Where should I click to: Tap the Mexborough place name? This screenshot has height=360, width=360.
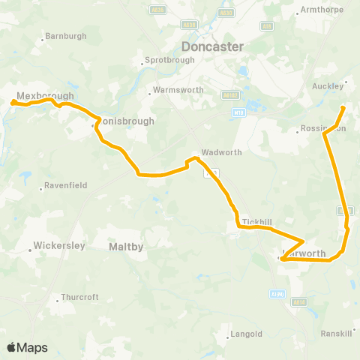click(x=46, y=97)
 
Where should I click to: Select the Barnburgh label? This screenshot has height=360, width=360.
click(x=66, y=36)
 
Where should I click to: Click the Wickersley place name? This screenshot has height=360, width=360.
click(x=58, y=245)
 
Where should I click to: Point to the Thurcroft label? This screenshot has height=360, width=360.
click(x=79, y=297)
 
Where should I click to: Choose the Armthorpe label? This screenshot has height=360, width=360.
click(x=321, y=10)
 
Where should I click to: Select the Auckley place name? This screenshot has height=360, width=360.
click(x=328, y=85)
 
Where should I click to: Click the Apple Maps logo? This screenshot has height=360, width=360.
click(x=27, y=347)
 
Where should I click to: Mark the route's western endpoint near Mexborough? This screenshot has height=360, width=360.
click(x=14, y=103)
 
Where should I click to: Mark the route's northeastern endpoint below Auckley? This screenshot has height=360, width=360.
click(x=343, y=109)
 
